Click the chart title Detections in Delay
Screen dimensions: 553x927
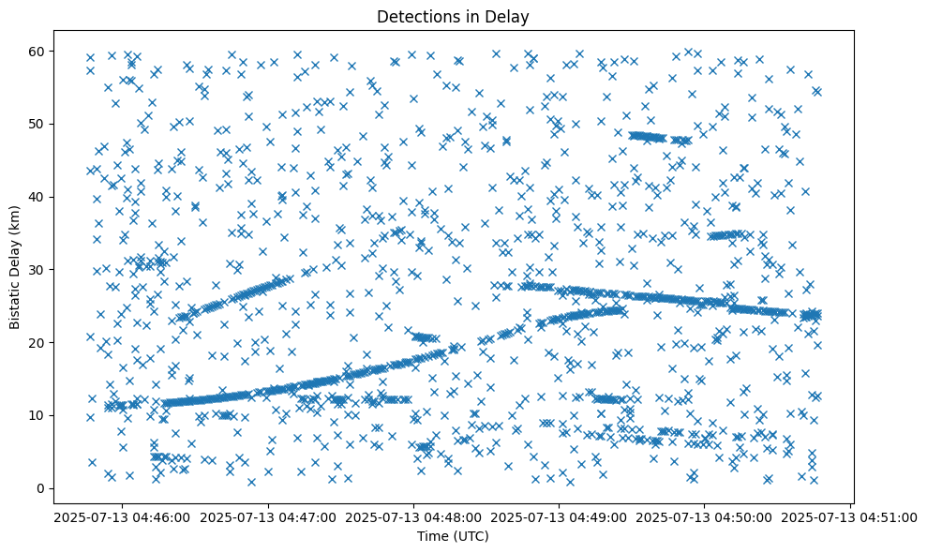453,16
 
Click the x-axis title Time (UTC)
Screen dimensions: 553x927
453,536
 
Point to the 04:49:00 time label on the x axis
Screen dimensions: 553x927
560,516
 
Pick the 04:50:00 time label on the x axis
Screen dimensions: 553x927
705,516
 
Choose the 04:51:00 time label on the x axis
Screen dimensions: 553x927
850,516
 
